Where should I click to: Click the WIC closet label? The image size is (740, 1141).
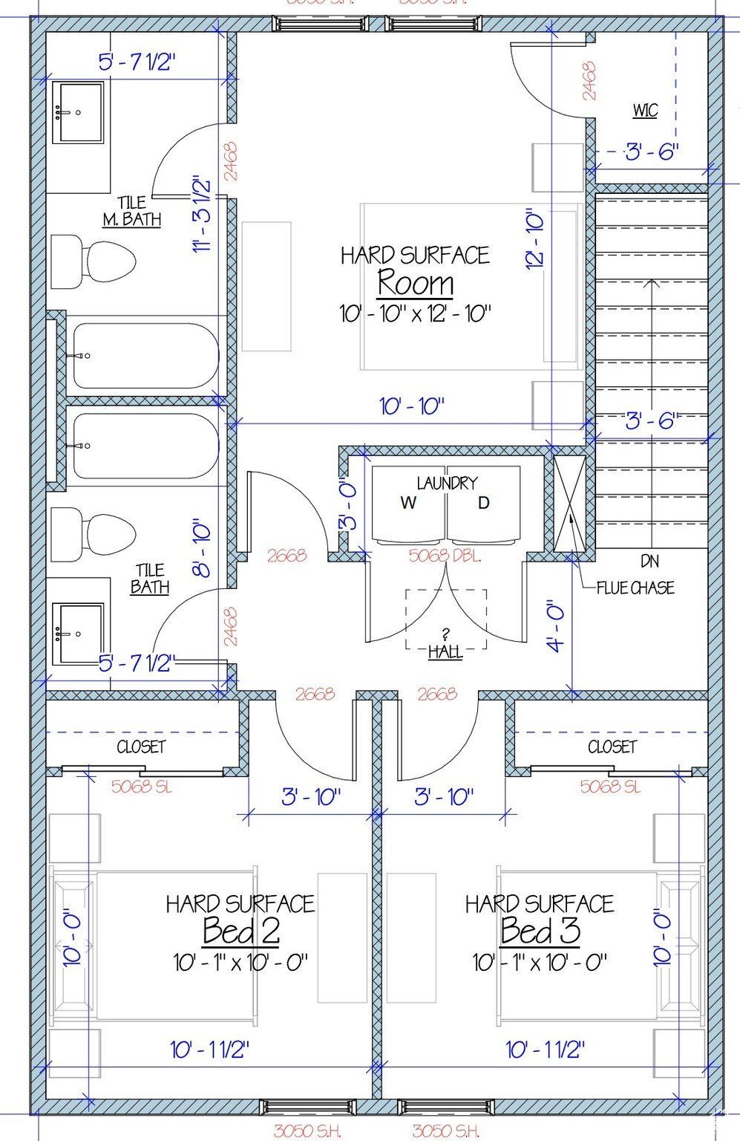click(644, 111)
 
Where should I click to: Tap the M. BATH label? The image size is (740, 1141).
click(131, 218)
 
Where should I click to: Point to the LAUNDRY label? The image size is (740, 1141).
click(446, 483)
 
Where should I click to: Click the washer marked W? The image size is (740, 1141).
click(408, 504)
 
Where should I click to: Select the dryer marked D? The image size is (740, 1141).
click(483, 504)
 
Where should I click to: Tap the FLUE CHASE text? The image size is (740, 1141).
click(635, 588)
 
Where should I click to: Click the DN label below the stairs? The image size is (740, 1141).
click(649, 561)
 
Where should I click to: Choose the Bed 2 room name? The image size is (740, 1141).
click(240, 930)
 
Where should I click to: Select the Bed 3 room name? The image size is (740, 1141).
click(540, 930)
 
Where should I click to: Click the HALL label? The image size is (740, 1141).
click(445, 652)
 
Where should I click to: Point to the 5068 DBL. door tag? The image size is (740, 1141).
click(445, 556)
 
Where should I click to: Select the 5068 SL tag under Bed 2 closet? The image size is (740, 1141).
click(141, 787)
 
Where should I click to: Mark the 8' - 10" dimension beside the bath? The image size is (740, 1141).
click(201, 550)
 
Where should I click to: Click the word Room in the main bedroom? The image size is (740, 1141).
click(415, 283)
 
